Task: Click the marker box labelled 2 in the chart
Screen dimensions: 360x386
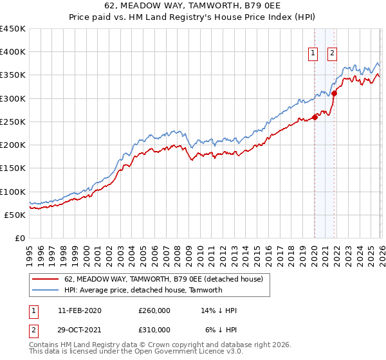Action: click(x=333, y=54)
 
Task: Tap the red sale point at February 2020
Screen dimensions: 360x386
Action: click(x=315, y=117)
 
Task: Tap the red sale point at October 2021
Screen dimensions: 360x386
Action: click(x=335, y=94)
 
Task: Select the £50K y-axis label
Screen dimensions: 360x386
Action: click(x=15, y=215)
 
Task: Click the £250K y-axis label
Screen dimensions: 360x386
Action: click(x=12, y=122)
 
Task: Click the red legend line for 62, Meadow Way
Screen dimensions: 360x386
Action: click(x=46, y=280)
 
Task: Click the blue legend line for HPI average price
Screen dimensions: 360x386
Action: click(x=46, y=290)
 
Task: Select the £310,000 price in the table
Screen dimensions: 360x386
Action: click(x=154, y=329)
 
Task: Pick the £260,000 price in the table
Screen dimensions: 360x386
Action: click(x=154, y=310)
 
